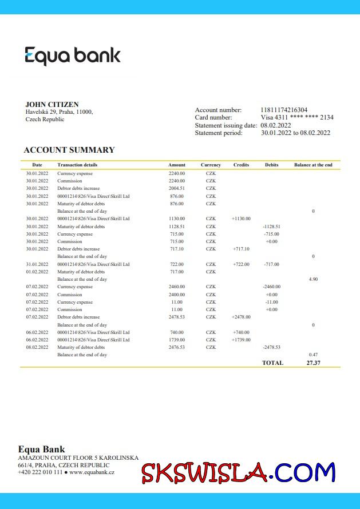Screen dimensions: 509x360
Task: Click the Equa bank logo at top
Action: point(73,55)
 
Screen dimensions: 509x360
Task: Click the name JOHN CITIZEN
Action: point(52,105)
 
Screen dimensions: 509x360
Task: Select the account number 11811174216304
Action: point(284,110)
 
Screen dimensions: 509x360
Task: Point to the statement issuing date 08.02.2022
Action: point(276,125)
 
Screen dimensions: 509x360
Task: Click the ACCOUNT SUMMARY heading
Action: point(69,150)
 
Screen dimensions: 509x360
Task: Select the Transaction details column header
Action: point(77,165)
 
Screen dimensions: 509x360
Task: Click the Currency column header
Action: point(211,165)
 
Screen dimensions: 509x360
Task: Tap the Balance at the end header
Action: point(313,165)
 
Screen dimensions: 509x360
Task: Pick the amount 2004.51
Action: point(177,188)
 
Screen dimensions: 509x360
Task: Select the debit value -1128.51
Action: point(271,226)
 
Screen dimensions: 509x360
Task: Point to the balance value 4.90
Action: point(313,279)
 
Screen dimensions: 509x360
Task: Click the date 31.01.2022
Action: point(37,264)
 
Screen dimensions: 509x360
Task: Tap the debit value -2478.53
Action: point(271,347)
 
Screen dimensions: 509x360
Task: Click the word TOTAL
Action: point(272,363)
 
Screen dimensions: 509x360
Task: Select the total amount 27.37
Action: point(313,363)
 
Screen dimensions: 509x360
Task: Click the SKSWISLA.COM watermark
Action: point(238,473)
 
